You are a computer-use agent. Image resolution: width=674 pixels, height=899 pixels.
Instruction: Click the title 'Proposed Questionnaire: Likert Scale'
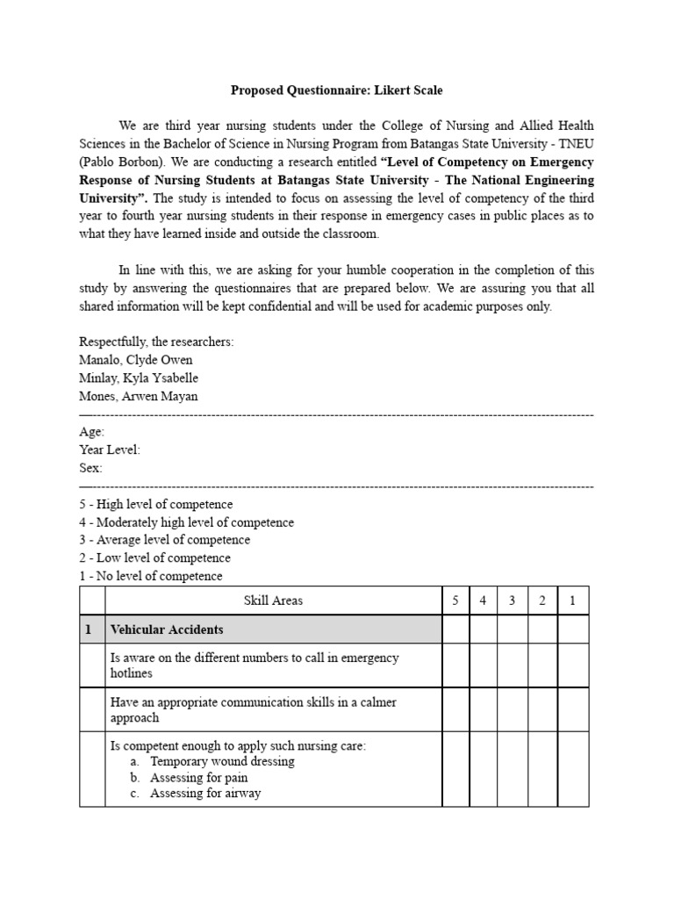pos(336,90)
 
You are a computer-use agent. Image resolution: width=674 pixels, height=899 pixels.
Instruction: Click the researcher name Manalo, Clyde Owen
pos(135,360)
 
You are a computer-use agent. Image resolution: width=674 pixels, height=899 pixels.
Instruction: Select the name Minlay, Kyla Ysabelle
pos(139,378)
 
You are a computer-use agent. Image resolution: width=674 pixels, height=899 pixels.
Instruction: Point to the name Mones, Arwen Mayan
pos(139,396)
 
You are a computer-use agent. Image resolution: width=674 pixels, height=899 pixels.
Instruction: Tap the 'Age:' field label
pos(91,432)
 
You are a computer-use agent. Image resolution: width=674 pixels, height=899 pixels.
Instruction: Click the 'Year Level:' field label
pos(110,449)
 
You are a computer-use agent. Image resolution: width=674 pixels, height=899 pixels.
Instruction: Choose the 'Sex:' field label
pos(90,468)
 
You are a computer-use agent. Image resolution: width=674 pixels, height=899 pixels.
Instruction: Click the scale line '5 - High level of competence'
pos(156,504)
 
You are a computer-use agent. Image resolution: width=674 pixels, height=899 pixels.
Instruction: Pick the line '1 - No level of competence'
pos(151,576)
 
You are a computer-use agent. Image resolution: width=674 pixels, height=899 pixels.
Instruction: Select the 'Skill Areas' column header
pos(273,601)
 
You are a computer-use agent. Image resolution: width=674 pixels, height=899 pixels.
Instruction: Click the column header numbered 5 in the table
pos(455,601)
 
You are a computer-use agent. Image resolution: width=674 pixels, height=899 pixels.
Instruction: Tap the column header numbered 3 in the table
pos(513,601)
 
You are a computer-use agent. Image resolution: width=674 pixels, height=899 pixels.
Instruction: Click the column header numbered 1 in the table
pos(573,601)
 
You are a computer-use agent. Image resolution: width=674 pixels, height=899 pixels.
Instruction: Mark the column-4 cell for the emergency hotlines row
pos(484,665)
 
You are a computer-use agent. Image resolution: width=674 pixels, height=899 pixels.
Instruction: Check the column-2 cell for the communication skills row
pos(542,709)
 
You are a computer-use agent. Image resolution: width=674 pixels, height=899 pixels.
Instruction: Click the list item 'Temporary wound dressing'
pos(222,761)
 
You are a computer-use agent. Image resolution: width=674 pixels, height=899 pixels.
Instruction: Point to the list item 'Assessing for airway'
pos(205,794)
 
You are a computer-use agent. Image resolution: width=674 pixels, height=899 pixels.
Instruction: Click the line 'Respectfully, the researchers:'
pos(156,342)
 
